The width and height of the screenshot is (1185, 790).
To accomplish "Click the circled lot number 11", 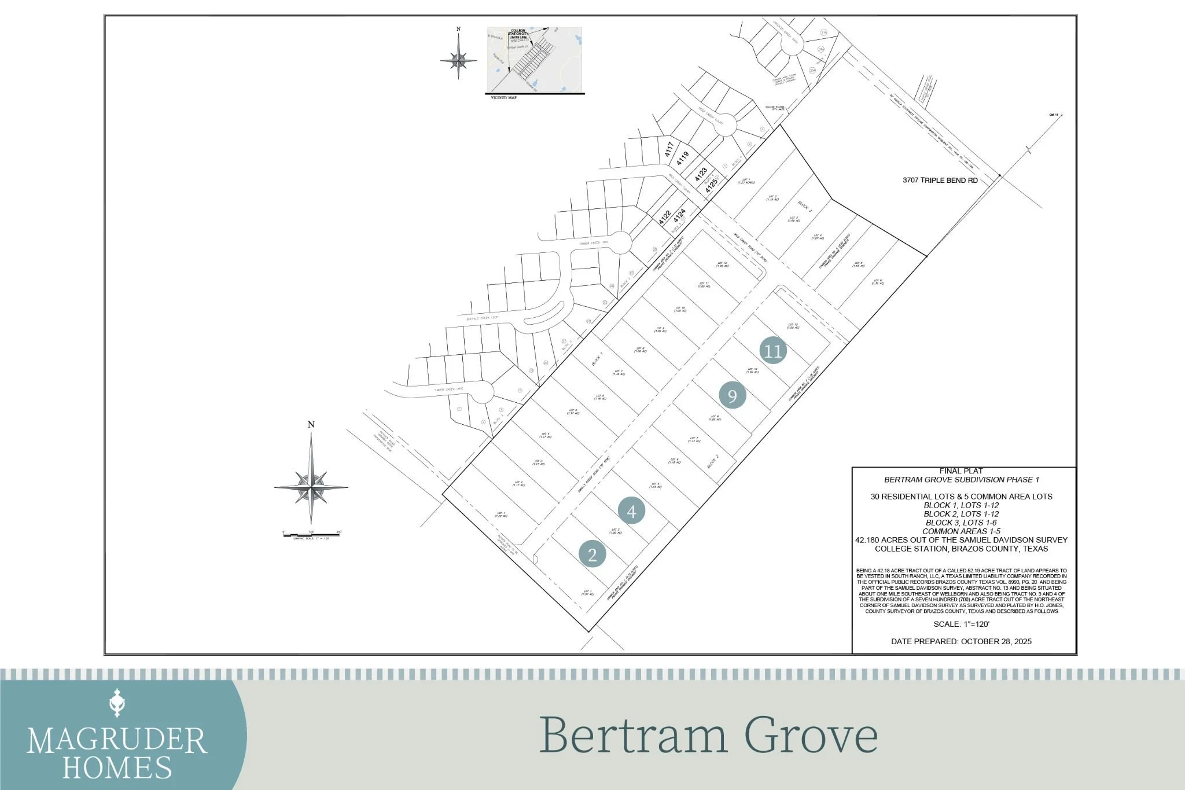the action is (773, 351).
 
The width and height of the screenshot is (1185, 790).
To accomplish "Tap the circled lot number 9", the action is (732, 396).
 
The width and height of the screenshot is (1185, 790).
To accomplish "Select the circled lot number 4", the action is (631, 510).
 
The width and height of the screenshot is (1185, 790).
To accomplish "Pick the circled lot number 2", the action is (592, 554).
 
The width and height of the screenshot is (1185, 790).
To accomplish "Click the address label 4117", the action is (669, 150).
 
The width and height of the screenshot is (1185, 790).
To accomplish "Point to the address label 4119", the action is (683, 158).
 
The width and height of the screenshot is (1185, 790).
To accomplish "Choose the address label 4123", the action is (701, 174).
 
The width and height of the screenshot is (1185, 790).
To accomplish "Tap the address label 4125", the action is (711, 185).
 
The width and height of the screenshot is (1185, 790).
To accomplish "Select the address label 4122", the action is (665, 218).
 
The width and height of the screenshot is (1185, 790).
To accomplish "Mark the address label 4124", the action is (679, 215).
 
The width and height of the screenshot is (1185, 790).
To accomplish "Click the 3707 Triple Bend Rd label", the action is (940, 181).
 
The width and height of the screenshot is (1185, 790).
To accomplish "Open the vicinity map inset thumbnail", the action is (534, 60).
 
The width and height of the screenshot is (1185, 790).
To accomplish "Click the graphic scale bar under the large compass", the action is (311, 534).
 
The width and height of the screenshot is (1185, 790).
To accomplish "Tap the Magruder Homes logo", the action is (117, 738).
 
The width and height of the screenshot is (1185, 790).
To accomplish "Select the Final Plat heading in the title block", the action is (961, 471).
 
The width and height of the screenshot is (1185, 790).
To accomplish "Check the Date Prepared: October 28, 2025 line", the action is (961, 641).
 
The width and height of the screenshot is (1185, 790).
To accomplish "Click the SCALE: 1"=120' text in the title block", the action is (961, 624).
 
